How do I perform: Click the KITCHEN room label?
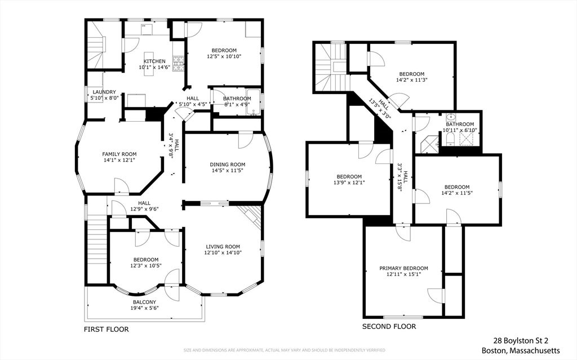click(154, 61)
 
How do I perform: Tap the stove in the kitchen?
click(179, 63)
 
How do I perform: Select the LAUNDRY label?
click(104, 92)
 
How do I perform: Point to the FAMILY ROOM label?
click(119, 154)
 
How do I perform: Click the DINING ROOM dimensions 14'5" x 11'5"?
click(228, 171)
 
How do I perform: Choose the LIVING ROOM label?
click(223, 247)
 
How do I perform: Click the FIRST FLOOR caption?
click(106, 329)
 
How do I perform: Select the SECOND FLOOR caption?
click(389, 327)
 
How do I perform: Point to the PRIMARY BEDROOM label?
click(403, 268)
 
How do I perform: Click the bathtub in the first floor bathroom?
click(253, 103)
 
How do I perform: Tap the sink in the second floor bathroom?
click(450, 117)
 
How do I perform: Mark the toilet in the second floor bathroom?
click(450, 139)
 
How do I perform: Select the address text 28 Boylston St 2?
click(523, 341)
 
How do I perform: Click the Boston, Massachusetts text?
click(521, 350)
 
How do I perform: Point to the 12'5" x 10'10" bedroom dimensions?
click(224, 56)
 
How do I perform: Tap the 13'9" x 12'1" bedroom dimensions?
click(349, 182)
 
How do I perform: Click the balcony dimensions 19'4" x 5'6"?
click(145, 308)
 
